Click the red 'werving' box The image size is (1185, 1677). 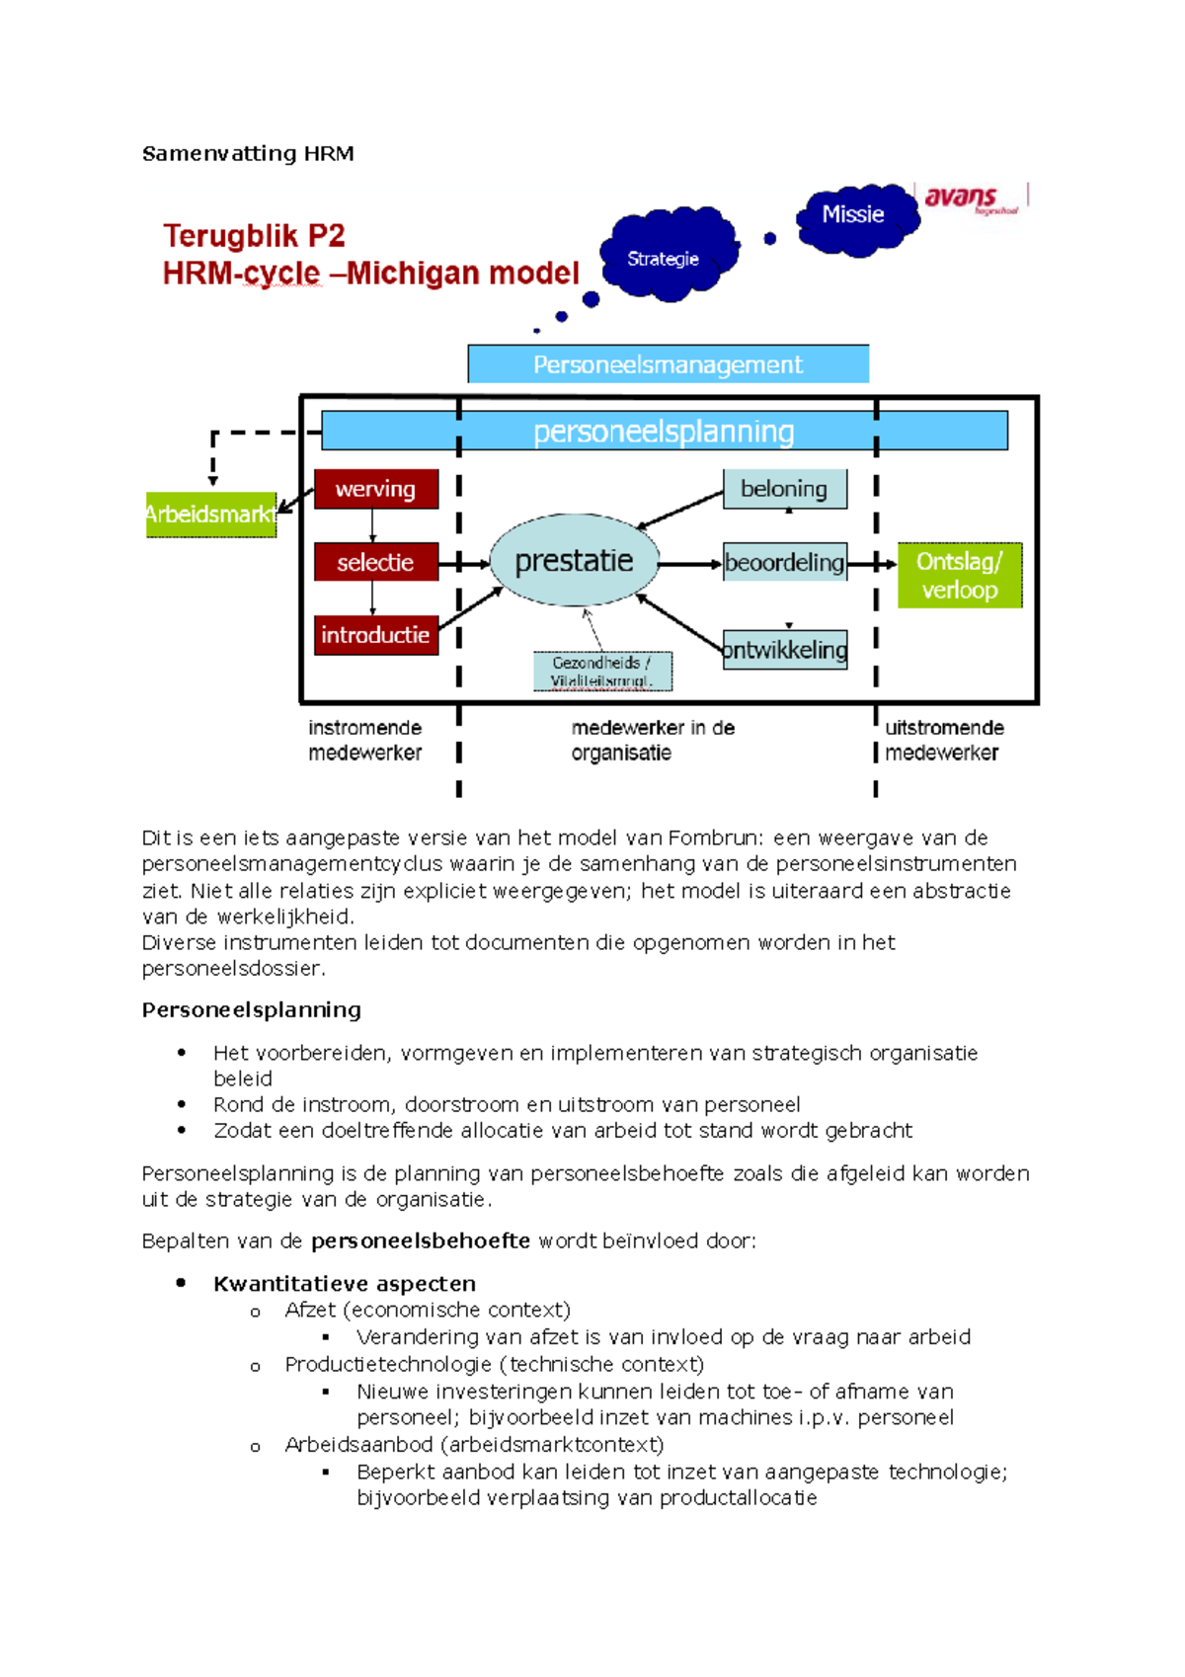pos(375,489)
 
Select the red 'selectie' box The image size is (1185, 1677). pos(375,562)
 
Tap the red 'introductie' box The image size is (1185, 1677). pos(375,635)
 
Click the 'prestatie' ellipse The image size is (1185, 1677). pos(574,560)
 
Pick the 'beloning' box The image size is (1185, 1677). pos(784,489)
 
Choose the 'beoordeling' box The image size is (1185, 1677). pos(784,562)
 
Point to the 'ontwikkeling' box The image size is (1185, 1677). pos(784,649)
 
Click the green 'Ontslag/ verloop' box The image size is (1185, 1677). pos(959,575)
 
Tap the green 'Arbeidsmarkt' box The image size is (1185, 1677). pos(210,514)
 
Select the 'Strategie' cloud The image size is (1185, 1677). pos(664,258)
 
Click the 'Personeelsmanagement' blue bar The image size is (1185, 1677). pos(668,364)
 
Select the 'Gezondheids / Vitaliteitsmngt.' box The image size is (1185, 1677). pos(601,672)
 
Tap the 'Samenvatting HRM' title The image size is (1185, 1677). pos(248,153)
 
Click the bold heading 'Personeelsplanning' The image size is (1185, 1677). pos(252,1009)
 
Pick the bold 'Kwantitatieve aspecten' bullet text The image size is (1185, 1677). pos(345,1283)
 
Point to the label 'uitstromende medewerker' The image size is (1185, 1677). pos(943,740)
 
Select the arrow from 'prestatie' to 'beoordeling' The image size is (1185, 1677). pos(690,564)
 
